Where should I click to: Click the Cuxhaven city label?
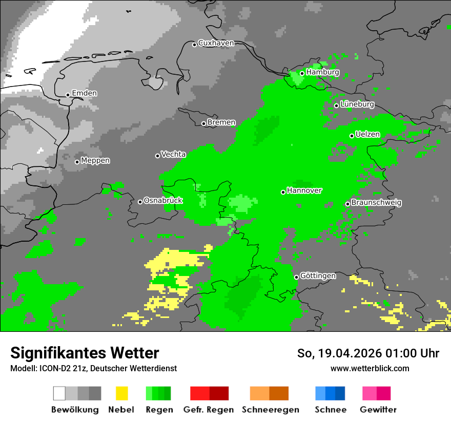tap(216, 44)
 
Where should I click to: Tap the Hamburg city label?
tap(322, 73)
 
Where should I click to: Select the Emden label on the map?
tap(84, 94)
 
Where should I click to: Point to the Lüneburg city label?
tap(357, 104)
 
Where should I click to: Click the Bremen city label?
tap(221, 123)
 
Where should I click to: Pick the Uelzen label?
tap(367, 135)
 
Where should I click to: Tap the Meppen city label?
tap(95, 161)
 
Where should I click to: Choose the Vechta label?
tap(173, 155)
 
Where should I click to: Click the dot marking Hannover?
tap(283, 192)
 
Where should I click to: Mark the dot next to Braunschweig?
tap(347, 204)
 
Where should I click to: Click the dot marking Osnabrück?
tap(140, 202)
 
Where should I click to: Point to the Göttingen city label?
tap(318, 276)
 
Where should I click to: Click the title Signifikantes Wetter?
tap(85, 353)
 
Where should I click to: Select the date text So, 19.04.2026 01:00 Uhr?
tap(368, 353)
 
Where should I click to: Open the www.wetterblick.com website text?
tap(370, 369)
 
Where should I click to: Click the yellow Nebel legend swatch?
tap(121, 393)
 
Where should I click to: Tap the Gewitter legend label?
tap(378, 410)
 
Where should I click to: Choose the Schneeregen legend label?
tap(270, 410)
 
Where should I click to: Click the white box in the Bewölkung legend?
tap(59, 393)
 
